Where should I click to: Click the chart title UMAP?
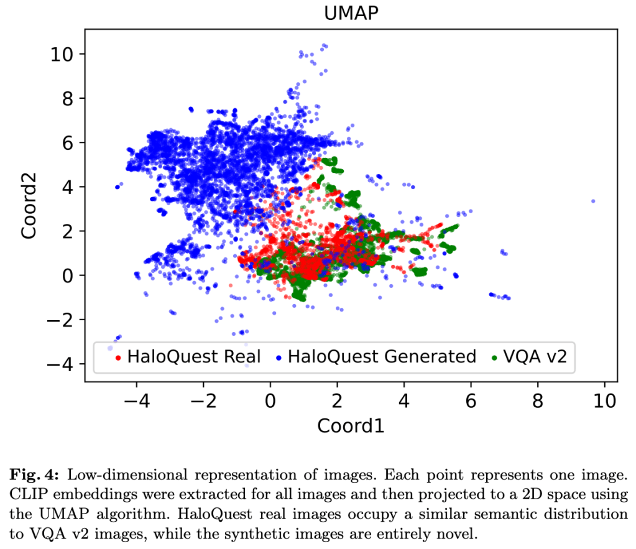pyautogui.click(x=351, y=13)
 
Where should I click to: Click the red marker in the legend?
pyautogui.click(x=118, y=358)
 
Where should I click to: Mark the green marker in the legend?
pyautogui.click(x=494, y=358)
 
